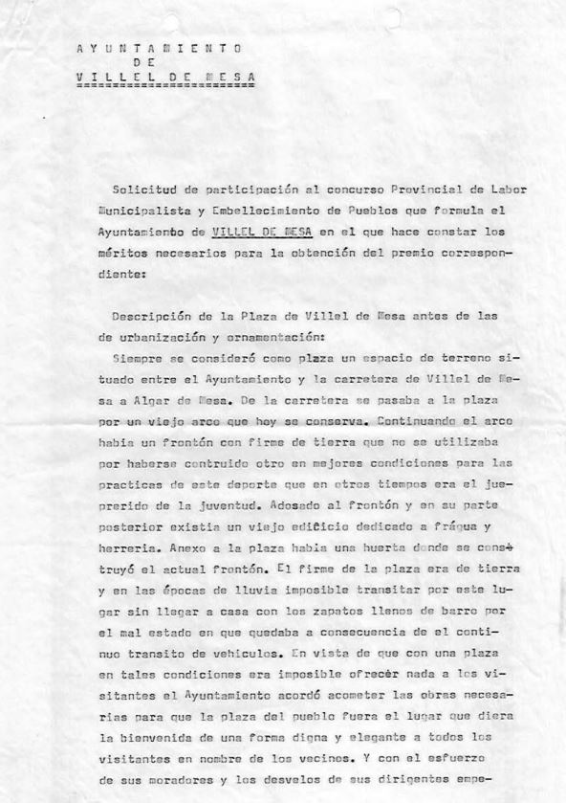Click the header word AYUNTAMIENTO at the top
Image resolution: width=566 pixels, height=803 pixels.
point(158,48)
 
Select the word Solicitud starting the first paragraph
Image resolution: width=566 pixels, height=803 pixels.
point(142,190)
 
